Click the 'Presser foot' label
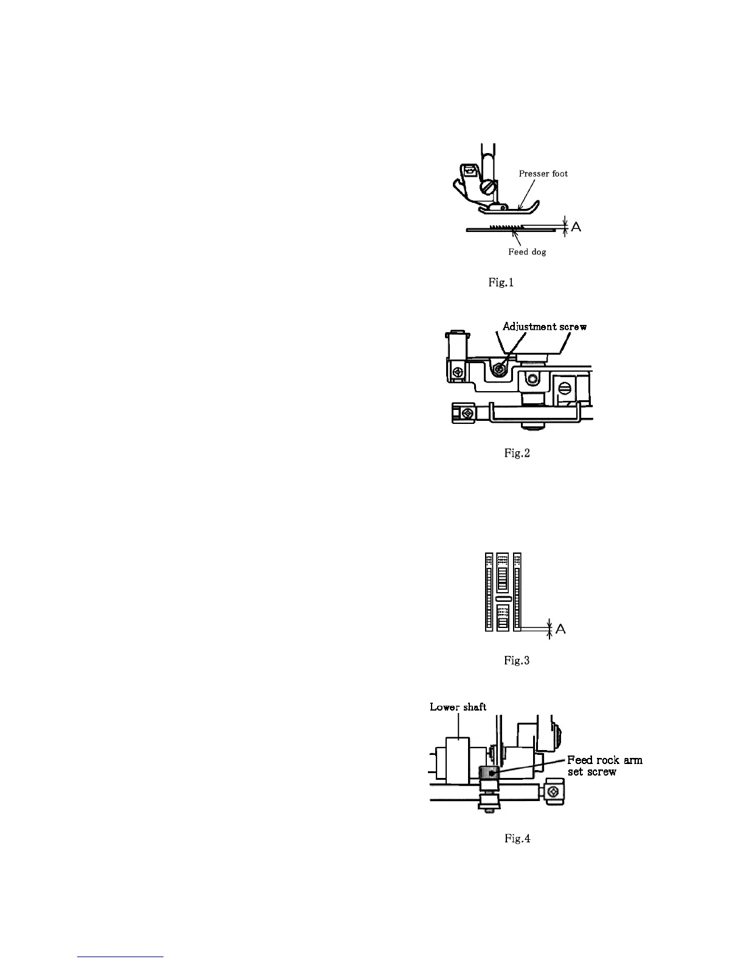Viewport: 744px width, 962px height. coord(543,174)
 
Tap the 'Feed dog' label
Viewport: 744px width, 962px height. coord(527,252)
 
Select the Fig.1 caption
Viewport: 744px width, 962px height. coord(501,282)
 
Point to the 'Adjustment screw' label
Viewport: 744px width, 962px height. coord(545,327)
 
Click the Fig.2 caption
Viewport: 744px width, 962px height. coord(517,453)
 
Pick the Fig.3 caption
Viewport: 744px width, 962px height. coord(517,660)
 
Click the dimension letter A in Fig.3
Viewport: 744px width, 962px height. coord(560,629)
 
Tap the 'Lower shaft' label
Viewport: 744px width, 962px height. coord(458,707)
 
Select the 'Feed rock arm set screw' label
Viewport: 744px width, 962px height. coord(604,766)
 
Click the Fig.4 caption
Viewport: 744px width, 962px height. coord(517,839)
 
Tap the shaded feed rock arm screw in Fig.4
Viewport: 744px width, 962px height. coord(489,774)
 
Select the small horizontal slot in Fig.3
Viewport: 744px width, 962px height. coord(502,599)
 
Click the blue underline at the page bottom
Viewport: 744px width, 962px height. coord(121,957)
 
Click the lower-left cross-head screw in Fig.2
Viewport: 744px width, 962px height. coord(467,414)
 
